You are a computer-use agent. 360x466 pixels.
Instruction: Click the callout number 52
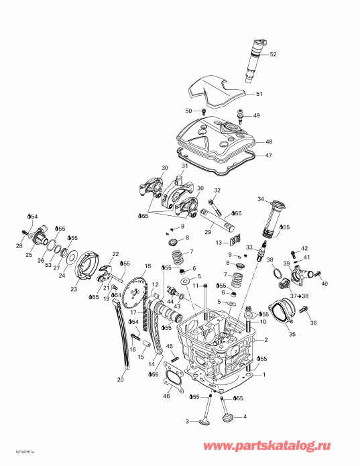(273, 54)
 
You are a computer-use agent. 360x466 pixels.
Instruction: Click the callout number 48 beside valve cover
(269, 141)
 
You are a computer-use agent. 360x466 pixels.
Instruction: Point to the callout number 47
(269, 156)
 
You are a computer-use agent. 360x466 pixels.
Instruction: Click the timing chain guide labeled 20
(123, 335)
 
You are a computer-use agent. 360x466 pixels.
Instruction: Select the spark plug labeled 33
(255, 257)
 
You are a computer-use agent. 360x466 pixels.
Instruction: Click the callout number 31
(184, 166)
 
